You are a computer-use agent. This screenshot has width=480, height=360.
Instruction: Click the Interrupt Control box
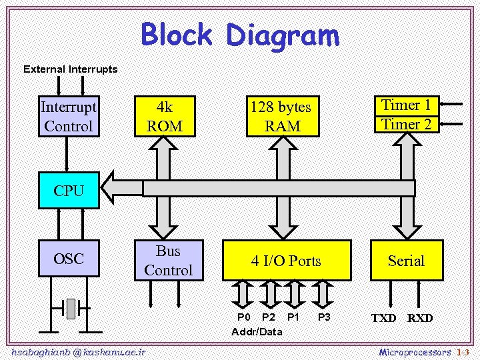(x=68, y=116)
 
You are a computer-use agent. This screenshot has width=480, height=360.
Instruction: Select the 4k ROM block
(x=164, y=116)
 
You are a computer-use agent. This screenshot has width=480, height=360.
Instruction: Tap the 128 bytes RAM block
(x=281, y=116)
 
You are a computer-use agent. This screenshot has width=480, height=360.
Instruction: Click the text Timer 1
(x=406, y=105)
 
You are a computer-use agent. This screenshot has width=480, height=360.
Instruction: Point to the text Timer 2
(x=406, y=124)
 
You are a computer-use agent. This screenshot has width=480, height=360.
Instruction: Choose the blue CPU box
(x=69, y=190)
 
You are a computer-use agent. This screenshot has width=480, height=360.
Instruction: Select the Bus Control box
(x=168, y=261)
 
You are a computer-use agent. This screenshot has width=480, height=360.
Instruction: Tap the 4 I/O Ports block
(x=286, y=261)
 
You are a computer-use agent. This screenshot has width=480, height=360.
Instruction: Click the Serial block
(x=406, y=261)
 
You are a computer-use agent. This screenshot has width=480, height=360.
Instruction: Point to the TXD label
(x=384, y=319)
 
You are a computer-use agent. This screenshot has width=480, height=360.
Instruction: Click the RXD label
(x=420, y=319)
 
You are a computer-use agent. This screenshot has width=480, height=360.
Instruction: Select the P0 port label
(x=245, y=317)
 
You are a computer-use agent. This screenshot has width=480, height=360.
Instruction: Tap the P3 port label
(x=325, y=317)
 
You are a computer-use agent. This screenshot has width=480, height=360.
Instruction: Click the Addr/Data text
(x=257, y=331)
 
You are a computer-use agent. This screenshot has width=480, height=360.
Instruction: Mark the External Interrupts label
(x=70, y=69)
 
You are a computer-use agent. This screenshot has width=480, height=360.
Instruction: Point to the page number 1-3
(x=463, y=351)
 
